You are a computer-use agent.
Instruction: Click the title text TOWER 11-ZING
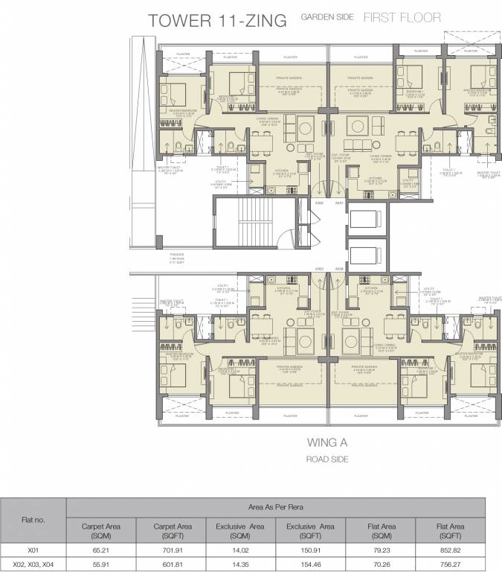(x=218, y=20)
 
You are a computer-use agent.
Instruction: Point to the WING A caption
(x=328, y=442)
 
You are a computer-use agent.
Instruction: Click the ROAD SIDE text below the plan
(x=328, y=460)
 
